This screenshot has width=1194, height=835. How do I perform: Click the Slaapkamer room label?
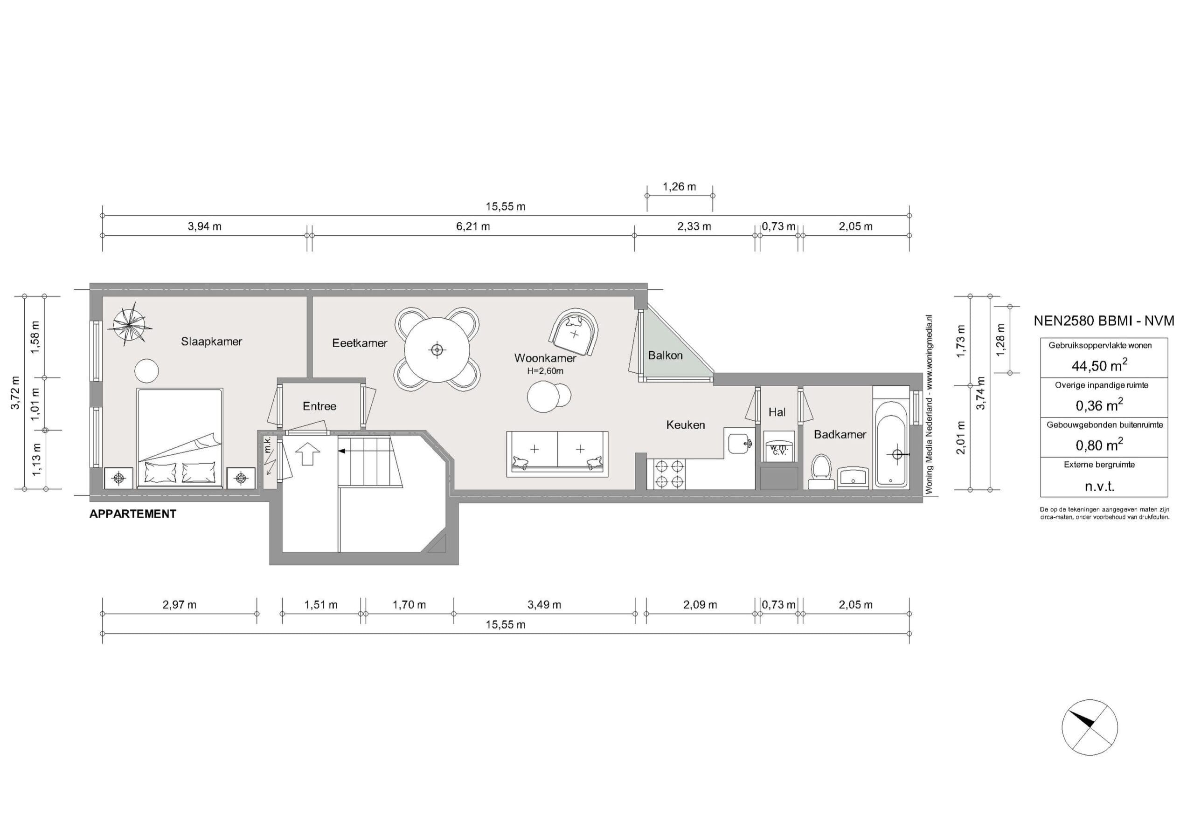click(211, 342)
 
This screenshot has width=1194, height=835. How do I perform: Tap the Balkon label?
click(665, 356)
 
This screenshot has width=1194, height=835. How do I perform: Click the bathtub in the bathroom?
click(891, 444)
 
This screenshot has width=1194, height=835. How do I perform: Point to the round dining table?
click(437, 349)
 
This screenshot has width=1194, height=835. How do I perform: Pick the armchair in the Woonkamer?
click(575, 333)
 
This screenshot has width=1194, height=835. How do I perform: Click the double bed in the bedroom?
click(180, 438)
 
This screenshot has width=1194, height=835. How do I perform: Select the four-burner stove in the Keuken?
click(669, 474)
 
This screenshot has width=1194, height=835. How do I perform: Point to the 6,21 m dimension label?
click(473, 226)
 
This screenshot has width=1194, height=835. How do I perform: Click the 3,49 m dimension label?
click(544, 605)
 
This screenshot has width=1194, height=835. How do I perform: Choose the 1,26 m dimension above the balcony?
click(679, 186)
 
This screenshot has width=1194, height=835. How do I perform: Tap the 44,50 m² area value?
click(1099, 365)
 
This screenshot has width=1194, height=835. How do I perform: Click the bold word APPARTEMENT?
click(132, 514)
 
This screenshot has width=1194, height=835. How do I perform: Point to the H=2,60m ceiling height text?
click(545, 371)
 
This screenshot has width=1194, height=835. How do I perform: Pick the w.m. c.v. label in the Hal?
click(778, 450)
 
